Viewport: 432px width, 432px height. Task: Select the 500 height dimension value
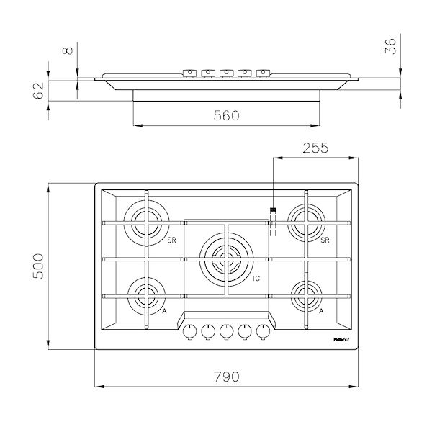[x=37, y=267]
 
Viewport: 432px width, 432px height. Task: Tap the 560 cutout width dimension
[x=227, y=115]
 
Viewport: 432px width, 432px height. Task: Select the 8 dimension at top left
[x=67, y=51]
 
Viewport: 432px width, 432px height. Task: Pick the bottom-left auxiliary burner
[x=146, y=295]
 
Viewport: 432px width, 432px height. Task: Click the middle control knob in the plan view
[x=227, y=330]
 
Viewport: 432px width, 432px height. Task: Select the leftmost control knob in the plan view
[x=191, y=330]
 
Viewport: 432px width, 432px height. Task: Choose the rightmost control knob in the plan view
[x=263, y=330]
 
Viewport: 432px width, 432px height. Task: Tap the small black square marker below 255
[x=272, y=210]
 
